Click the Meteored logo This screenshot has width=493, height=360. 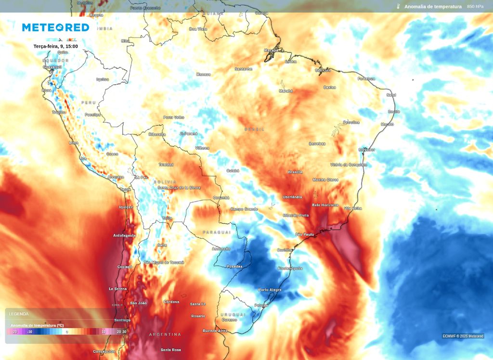click(x=55, y=27)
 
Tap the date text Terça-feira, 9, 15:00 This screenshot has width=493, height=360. click(x=55, y=46)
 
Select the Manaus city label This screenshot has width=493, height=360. click(x=203, y=74)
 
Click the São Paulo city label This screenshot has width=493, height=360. click(x=304, y=234)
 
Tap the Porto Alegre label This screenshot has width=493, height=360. click(x=270, y=290)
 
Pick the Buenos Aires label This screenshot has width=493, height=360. click(x=215, y=331)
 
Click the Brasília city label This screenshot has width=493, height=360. click(x=295, y=172)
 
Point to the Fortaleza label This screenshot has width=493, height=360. click(x=366, y=78)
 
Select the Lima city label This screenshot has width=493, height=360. click(x=74, y=143)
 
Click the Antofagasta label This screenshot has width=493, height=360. click(x=124, y=235)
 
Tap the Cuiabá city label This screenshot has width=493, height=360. click(x=233, y=170)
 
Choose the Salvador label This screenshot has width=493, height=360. click(x=366, y=149)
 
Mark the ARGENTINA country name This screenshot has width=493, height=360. click(x=165, y=334)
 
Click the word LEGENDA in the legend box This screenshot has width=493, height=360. click(x=19, y=314)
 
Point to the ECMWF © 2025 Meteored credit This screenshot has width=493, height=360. click(x=463, y=336)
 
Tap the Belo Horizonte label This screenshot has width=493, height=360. click(x=325, y=205)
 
